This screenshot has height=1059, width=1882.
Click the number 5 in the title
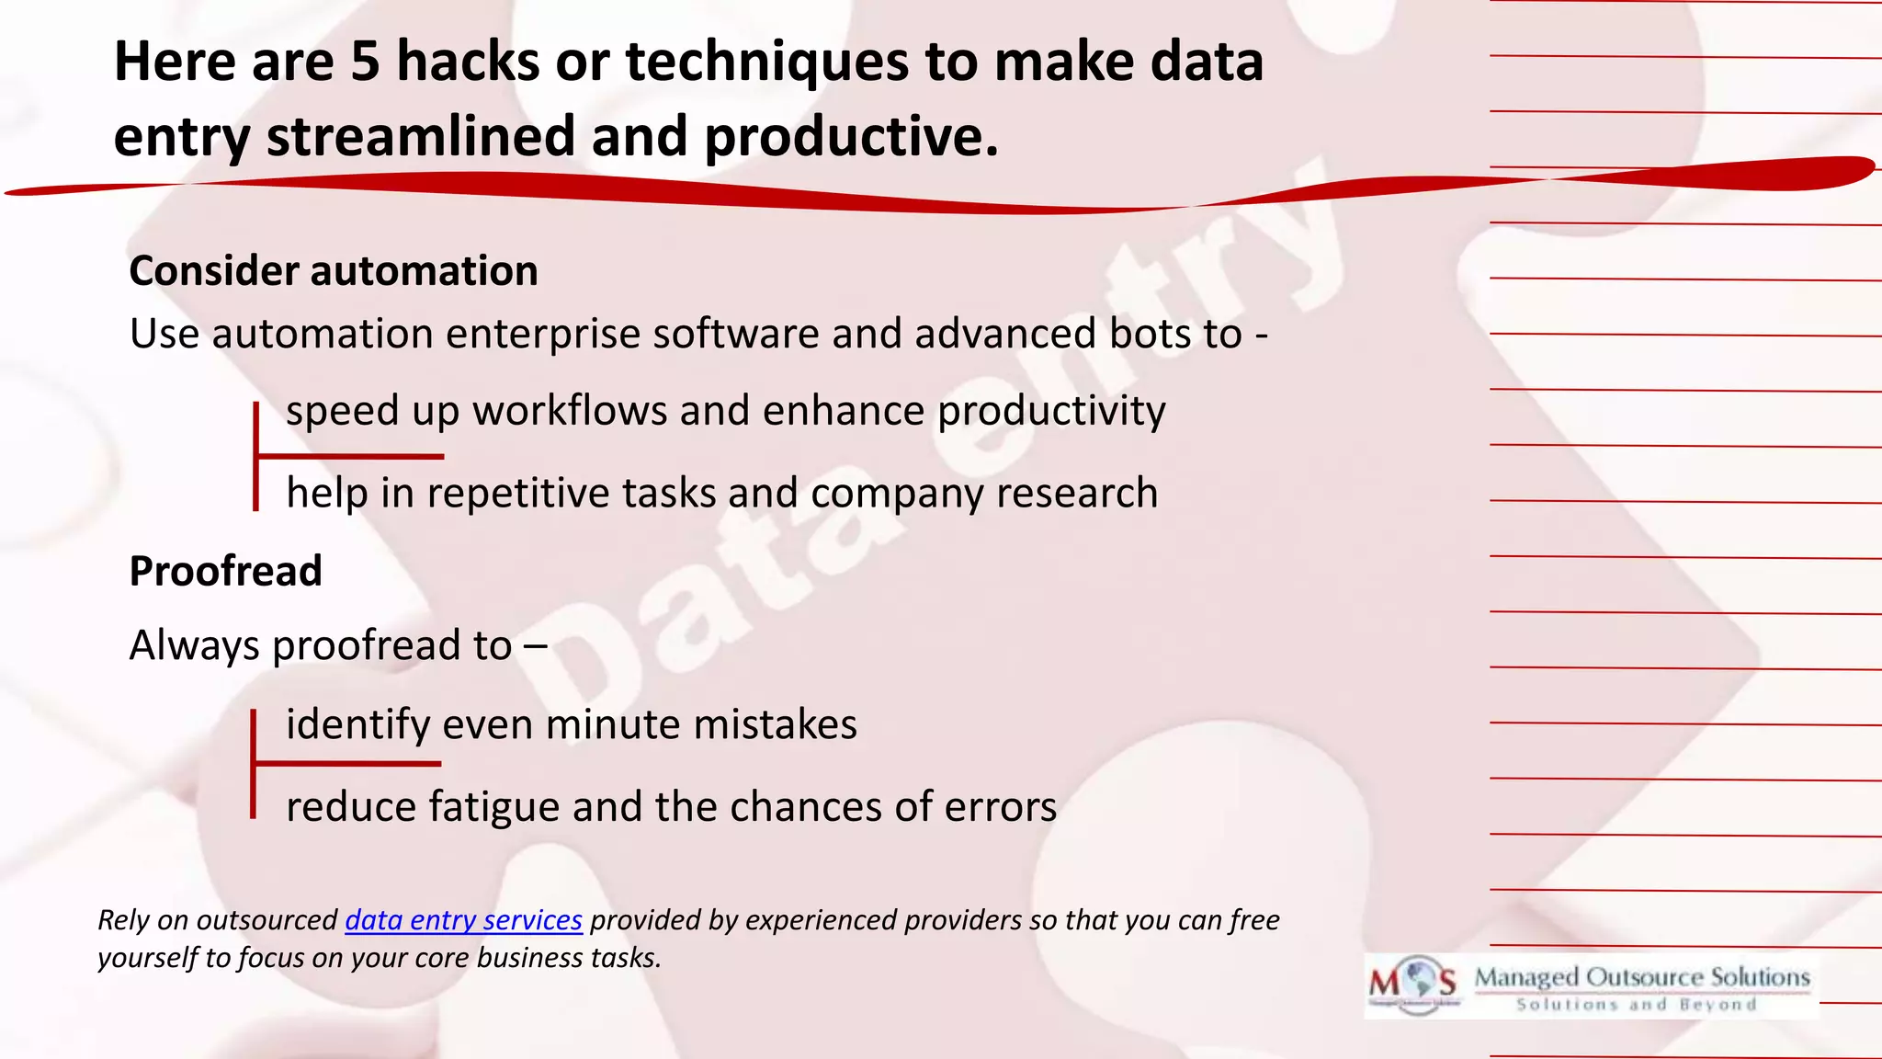pyautogui.click(x=365, y=63)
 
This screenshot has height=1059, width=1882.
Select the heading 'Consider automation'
pyautogui.click(x=333, y=271)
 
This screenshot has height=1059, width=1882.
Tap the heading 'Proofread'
pyautogui.click(x=225, y=571)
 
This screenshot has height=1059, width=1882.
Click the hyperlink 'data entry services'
pyautogui.click(x=463, y=920)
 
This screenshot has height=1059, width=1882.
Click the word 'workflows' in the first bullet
pyautogui.click(x=570, y=411)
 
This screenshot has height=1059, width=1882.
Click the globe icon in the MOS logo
pyautogui.click(x=1421, y=978)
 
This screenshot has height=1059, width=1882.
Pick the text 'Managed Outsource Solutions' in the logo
pyautogui.click(x=1642, y=977)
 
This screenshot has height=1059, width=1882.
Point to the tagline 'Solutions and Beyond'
pyautogui.click(x=1636, y=1005)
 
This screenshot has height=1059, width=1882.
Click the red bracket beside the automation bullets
pyautogui.click(x=257, y=456)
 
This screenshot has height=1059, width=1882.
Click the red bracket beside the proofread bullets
pyautogui.click(x=255, y=763)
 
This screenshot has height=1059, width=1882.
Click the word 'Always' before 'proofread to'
pyautogui.click(x=194, y=646)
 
